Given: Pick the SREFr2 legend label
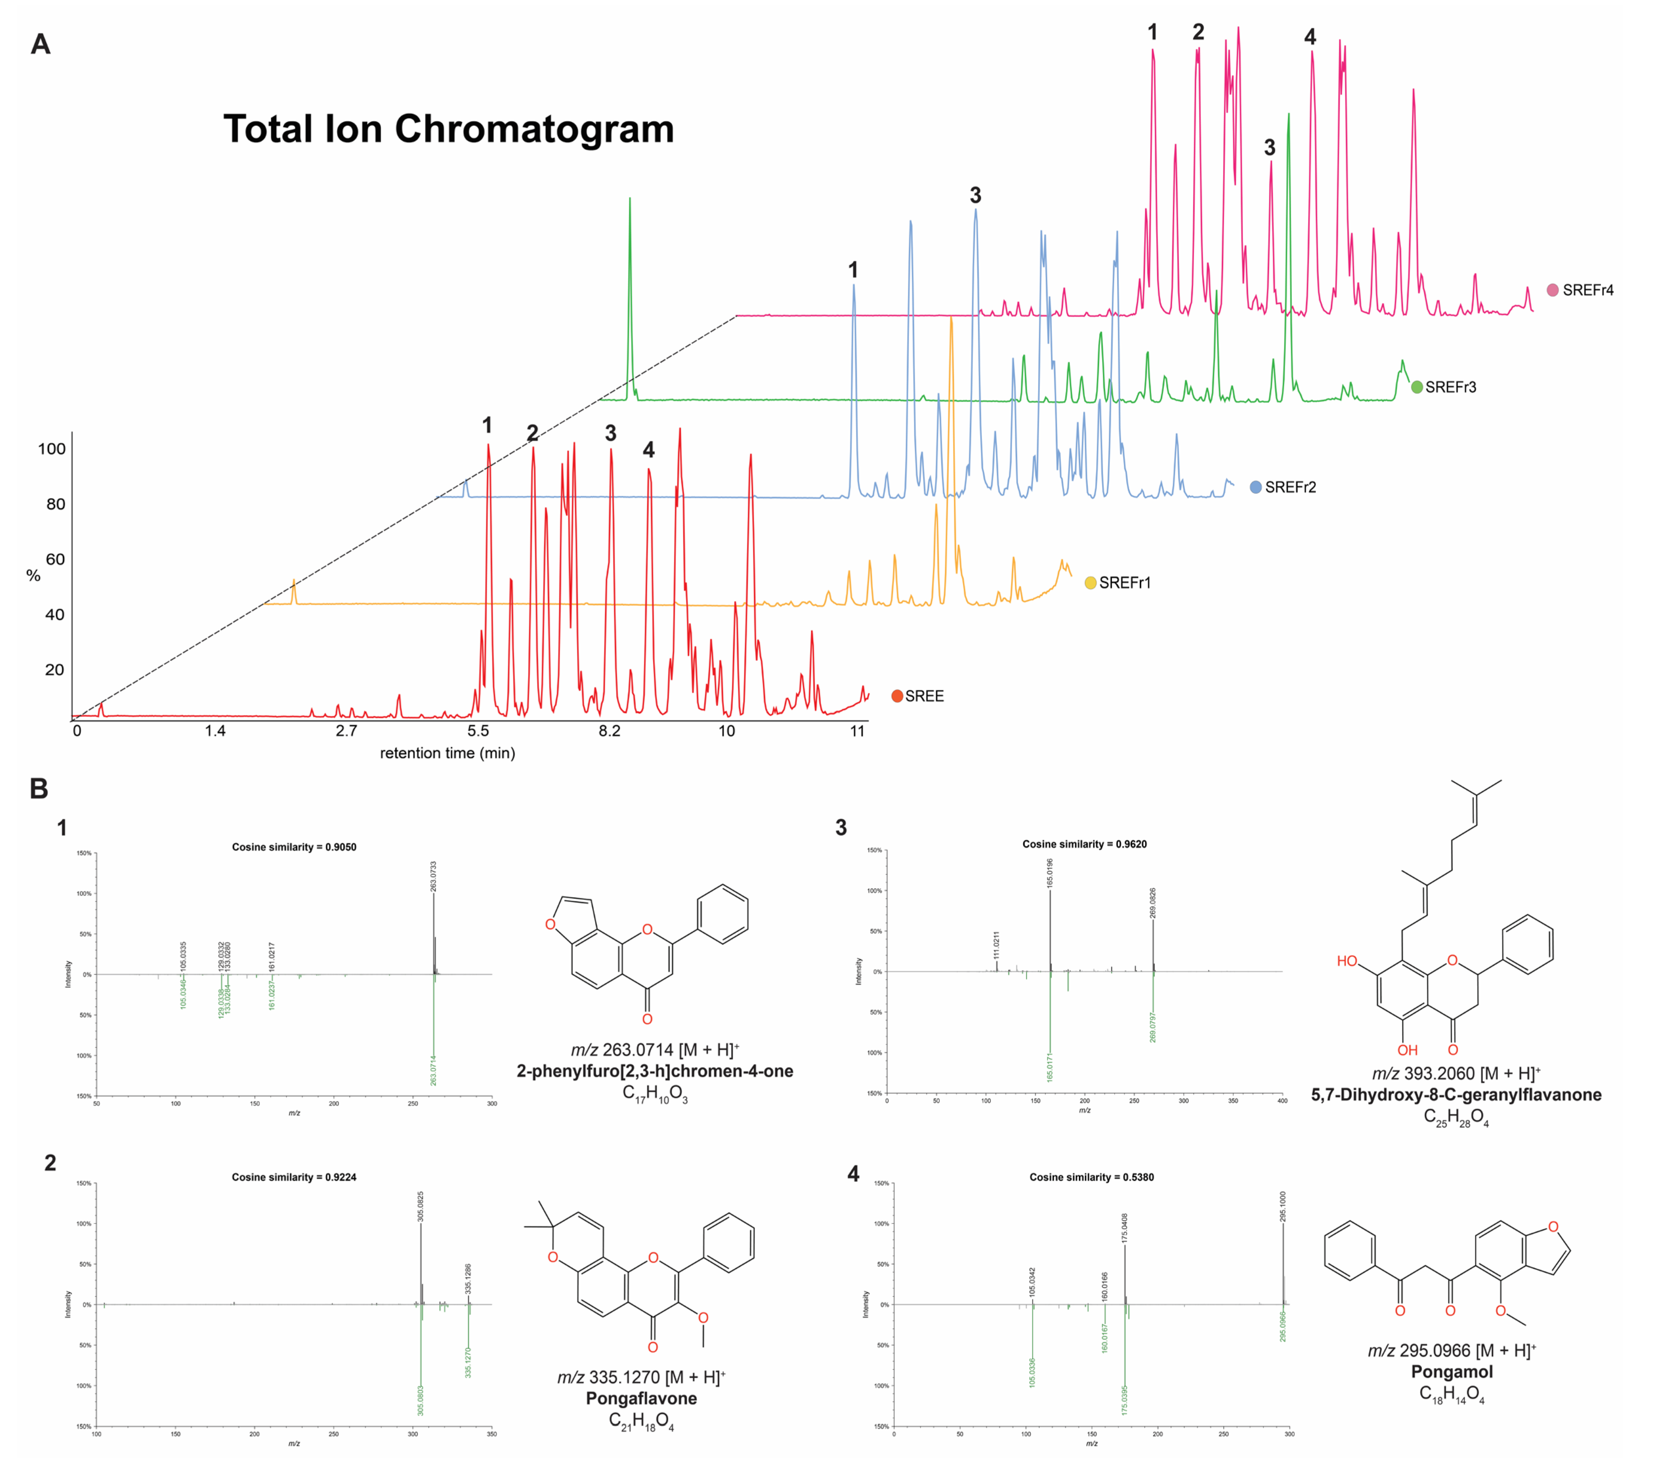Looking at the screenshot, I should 1290,488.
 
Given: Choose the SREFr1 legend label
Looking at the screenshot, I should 1124,583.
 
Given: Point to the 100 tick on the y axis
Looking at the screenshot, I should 51,449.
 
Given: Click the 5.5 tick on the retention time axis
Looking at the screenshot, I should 478,731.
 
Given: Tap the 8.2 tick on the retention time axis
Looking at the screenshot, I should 609,731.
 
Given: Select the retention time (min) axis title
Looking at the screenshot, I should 447,753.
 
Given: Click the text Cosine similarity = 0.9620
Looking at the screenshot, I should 1084,844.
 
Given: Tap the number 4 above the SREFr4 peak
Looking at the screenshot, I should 1310,36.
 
